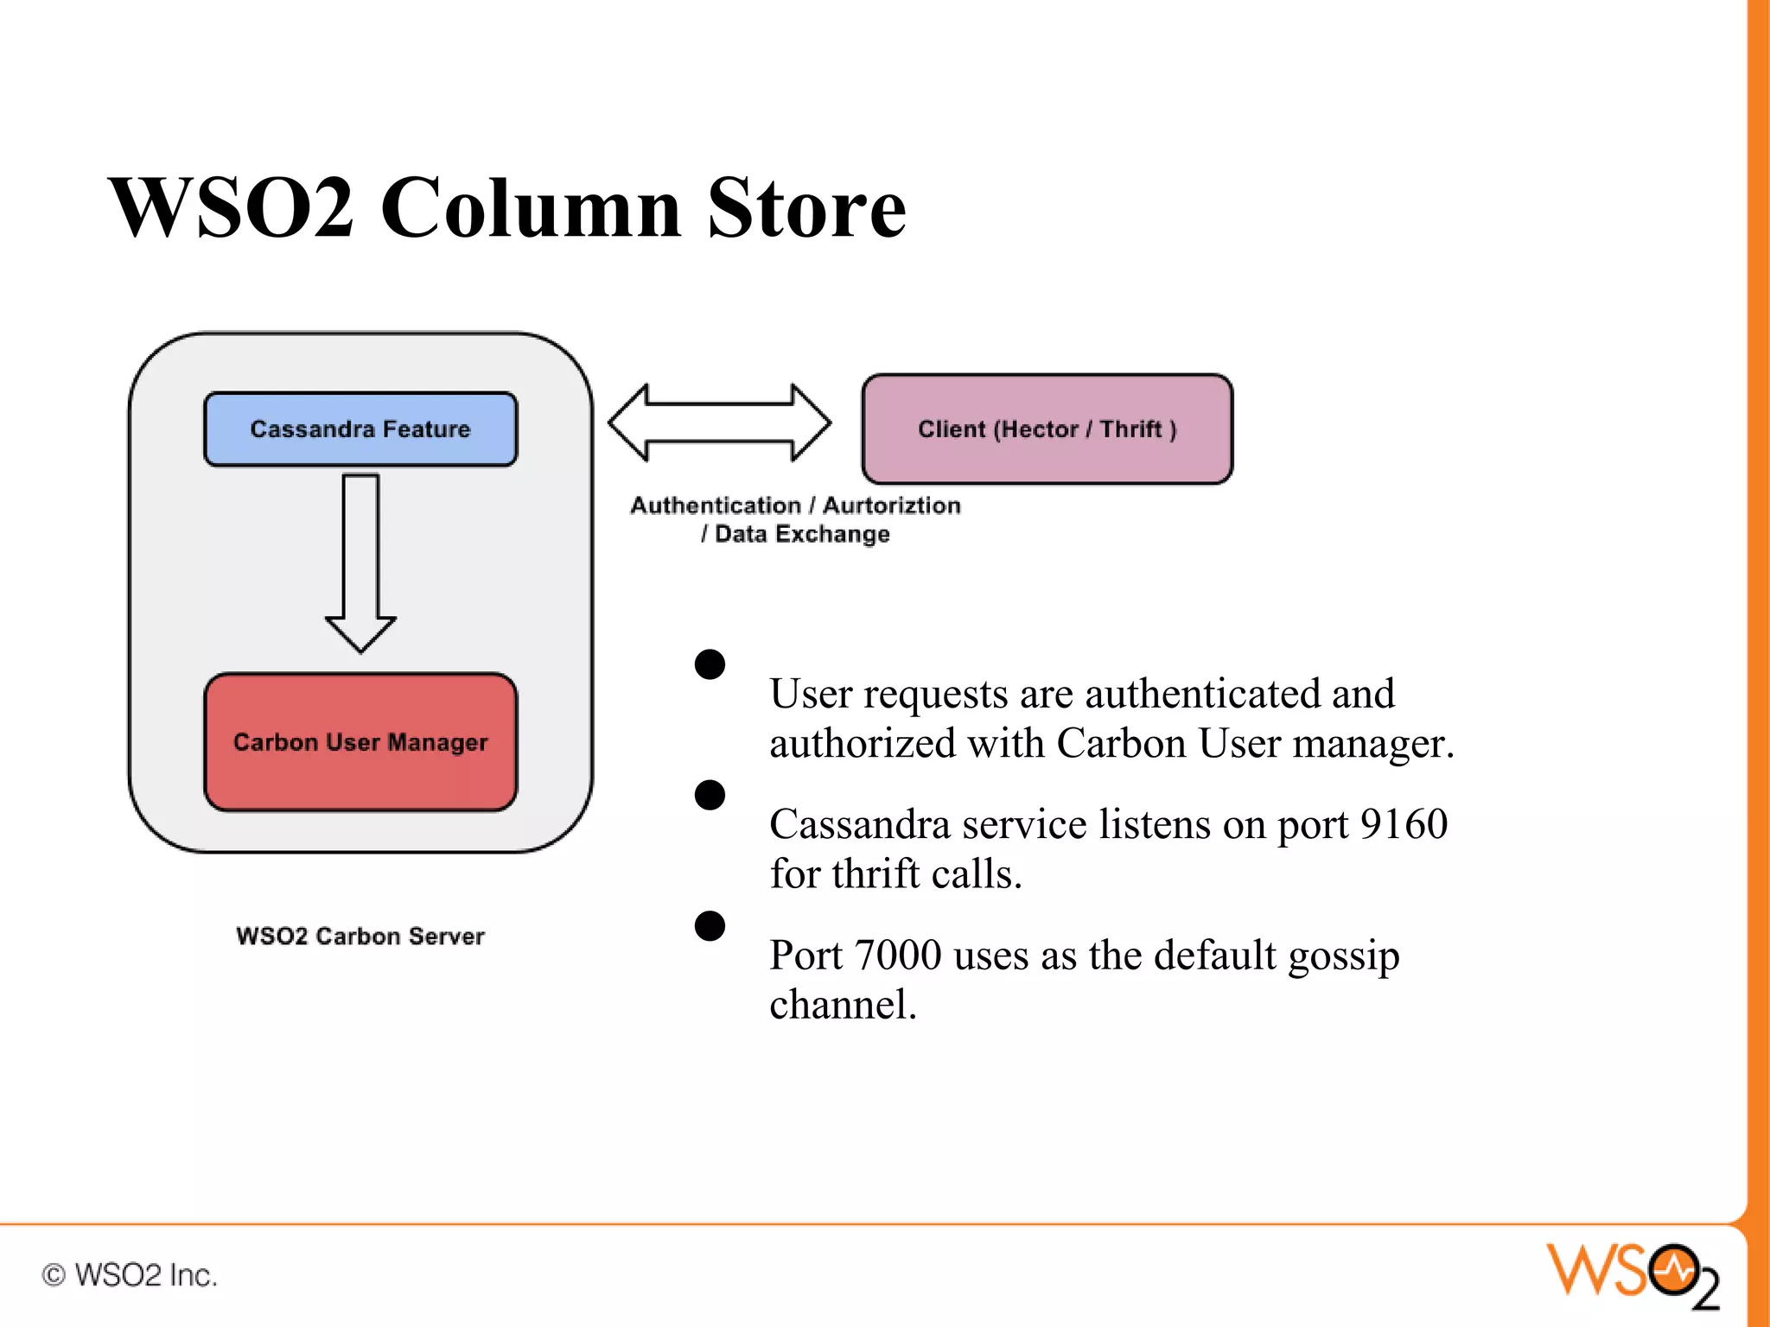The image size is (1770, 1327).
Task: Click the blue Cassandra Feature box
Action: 360,429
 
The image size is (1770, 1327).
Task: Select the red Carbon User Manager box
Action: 360,742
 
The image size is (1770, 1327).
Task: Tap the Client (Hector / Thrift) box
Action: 1047,429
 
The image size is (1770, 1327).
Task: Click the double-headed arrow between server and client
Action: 719,422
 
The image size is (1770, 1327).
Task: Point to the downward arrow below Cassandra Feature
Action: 360,562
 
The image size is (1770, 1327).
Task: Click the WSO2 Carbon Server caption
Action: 360,936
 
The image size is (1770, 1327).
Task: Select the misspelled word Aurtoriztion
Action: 891,505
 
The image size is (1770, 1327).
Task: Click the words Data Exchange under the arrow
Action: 802,534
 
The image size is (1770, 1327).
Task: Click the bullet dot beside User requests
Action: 710,664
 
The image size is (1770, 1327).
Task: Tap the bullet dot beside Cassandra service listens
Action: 710,795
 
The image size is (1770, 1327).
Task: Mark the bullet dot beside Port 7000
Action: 710,926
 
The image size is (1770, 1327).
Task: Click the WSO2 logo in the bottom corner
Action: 1633,1273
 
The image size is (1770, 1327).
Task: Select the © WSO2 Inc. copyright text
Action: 130,1274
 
